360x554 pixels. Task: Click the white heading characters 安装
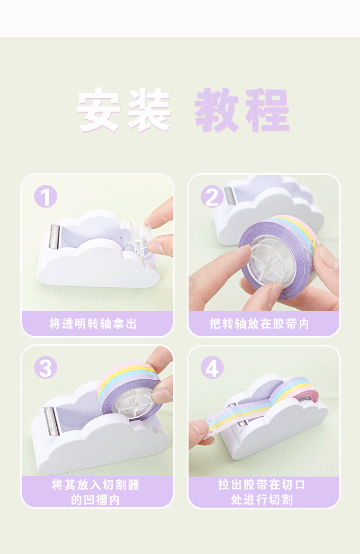[124, 110]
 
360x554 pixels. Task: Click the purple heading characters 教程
[242, 110]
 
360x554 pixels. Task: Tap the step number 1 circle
[46, 197]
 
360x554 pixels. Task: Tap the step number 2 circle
[212, 197]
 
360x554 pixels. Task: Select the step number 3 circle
[46, 368]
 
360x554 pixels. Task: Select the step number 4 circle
[212, 368]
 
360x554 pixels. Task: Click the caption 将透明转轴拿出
[93, 324]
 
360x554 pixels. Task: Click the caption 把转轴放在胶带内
[260, 324]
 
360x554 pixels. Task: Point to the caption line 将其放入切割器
[95, 485]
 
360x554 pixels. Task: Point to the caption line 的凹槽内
[95, 500]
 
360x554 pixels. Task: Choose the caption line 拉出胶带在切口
[262, 485]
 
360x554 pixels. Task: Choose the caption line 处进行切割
[262, 500]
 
